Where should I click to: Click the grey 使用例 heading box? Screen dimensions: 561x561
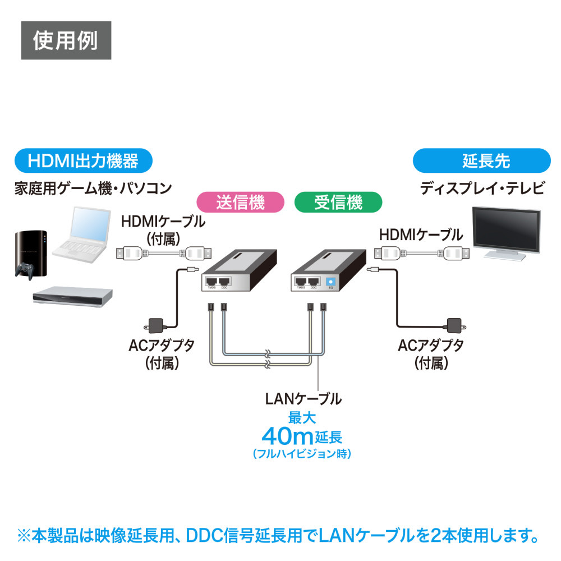(66, 40)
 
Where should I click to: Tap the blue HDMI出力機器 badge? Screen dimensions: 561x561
(82, 162)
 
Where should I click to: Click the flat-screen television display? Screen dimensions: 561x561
(507, 230)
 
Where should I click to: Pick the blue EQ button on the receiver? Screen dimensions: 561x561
(330, 283)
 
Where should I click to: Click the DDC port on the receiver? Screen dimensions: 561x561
(314, 281)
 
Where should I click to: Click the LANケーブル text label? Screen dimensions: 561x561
(303, 399)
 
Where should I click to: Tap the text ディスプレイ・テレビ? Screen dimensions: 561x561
(482, 188)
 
